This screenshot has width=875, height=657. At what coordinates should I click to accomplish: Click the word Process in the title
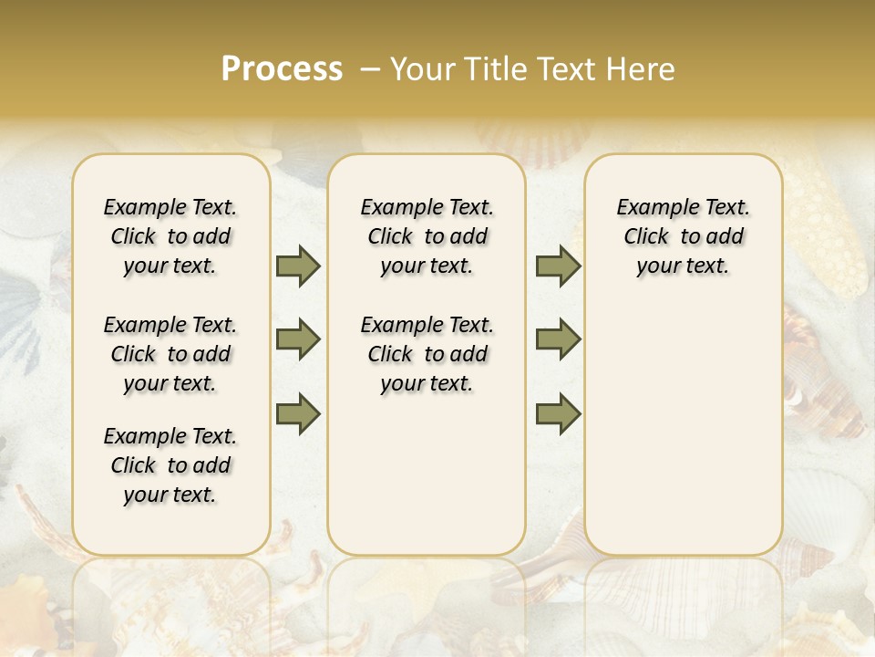point(282,69)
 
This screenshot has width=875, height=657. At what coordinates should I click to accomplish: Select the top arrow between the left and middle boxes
point(298,266)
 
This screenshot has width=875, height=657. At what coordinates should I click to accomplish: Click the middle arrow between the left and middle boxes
point(298,339)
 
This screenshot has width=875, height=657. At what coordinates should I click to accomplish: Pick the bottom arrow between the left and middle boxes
point(298,413)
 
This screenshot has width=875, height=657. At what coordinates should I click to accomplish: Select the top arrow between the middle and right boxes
point(558,266)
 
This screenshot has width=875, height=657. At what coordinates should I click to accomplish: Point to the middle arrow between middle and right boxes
point(558,339)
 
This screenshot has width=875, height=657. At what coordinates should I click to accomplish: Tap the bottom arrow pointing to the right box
point(558,413)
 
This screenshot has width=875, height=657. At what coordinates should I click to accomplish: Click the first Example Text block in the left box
point(170,236)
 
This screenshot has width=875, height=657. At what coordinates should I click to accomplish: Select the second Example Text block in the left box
point(170,354)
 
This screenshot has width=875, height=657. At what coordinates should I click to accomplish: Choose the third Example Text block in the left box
point(170,465)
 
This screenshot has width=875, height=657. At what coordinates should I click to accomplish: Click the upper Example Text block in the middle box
point(427,236)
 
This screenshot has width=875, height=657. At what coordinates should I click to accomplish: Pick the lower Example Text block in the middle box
point(427,354)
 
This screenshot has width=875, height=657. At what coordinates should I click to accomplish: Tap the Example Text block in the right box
point(683,236)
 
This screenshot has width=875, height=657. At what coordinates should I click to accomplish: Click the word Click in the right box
point(646,237)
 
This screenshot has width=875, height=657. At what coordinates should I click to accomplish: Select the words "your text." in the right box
point(683,266)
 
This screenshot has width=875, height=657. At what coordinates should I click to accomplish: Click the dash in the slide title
point(370,69)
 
